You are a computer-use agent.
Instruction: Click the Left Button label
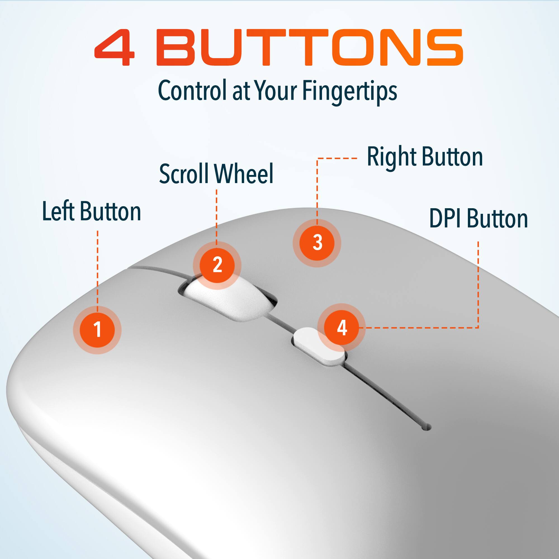(x=91, y=212)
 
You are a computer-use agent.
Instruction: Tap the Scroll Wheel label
(x=216, y=174)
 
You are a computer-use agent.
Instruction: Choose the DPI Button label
(x=478, y=219)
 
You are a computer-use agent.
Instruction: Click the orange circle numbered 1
(x=97, y=330)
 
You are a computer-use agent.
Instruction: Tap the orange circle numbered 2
(x=217, y=265)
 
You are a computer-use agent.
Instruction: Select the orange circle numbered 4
(x=342, y=328)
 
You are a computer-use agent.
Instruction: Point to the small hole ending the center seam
(x=426, y=427)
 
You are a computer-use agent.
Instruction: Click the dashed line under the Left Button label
(x=98, y=269)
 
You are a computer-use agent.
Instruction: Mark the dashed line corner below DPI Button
(x=478, y=328)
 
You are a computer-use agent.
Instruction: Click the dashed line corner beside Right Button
(x=317, y=158)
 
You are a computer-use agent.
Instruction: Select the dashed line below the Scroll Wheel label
(x=216, y=215)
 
